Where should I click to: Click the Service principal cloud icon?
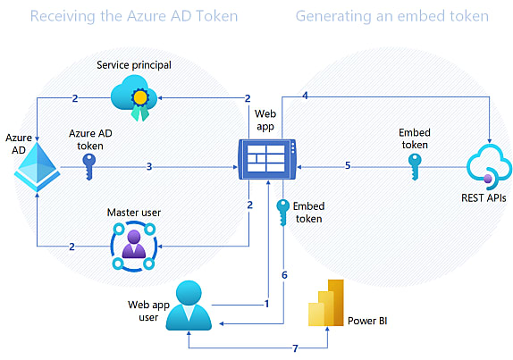(134, 97)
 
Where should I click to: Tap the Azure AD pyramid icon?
(37, 167)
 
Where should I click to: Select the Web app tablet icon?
(267, 159)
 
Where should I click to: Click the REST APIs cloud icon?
(489, 167)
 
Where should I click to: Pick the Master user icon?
(134, 246)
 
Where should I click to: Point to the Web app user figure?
(189, 306)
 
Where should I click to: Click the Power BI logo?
(326, 303)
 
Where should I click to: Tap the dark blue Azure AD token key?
(89, 167)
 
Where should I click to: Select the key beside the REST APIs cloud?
(415, 167)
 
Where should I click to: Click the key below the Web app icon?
(282, 213)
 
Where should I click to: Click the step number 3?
(149, 167)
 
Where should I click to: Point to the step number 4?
(305, 96)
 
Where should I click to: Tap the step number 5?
(348, 165)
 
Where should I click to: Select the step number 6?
(284, 275)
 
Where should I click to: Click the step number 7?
(296, 348)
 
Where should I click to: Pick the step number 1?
(266, 304)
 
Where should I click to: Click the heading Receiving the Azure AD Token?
(134, 16)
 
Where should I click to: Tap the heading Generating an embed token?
(392, 16)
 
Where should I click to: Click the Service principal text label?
(134, 65)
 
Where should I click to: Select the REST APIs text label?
(484, 197)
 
